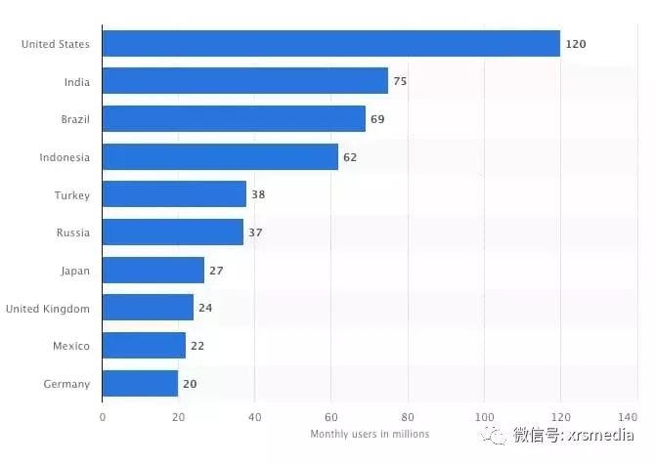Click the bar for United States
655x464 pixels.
coord(330,43)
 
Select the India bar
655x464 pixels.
coord(244,81)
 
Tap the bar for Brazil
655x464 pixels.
coord(234,119)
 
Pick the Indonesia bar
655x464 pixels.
coord(220,156)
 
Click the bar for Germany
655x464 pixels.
coord(140,384)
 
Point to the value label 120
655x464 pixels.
coord(576,44)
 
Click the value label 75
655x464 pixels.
coord(400,81)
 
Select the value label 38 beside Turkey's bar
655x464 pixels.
coord(258,194)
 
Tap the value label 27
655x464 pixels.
coord(216,271)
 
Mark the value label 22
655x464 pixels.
coord(196,346)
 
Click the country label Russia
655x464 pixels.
coord(73,232)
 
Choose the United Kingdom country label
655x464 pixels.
coord(47,309)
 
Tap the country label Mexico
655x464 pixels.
coord(71,346)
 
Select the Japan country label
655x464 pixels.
coord(74,271)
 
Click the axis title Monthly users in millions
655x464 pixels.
coord(370,434)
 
